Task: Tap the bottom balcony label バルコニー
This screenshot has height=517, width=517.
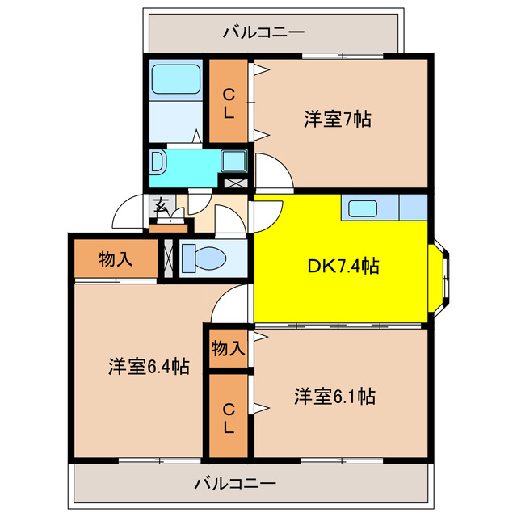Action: pos(235,484)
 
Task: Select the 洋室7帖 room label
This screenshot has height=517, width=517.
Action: pos(338,120)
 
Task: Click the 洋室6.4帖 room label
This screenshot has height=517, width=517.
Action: pos(149,367)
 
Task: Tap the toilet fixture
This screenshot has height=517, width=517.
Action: pos(203,259)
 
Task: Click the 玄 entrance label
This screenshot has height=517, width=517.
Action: pos(162,204)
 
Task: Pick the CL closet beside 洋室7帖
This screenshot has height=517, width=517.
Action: pos(229,103)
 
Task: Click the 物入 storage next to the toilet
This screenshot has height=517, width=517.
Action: pos(116,259)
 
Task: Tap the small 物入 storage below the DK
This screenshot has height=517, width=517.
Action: pos(228,349)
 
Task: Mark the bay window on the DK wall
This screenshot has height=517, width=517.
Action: pos(443,275)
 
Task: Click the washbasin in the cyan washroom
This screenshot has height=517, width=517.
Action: pos(157,162)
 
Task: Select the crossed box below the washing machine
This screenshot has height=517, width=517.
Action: pos(234,183)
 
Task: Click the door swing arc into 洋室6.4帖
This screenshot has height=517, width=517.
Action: pos(232,302)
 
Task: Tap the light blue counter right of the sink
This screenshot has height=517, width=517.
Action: pos(412,208)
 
